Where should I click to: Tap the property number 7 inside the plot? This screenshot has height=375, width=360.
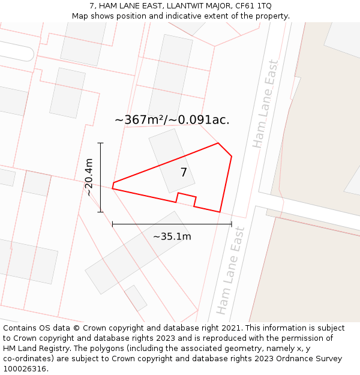[x=184, y=173]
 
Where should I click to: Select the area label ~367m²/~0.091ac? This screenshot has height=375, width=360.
[x=172, y=120]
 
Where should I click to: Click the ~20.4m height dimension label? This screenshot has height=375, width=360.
[x=89, y=177]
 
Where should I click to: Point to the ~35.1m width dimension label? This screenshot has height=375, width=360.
[x=172, y=236]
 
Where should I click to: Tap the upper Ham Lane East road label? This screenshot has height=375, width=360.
[x=266, y=104]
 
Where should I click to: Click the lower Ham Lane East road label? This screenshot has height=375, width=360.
[x=230, y=270]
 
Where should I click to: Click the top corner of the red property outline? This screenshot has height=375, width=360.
[x=218, y=143]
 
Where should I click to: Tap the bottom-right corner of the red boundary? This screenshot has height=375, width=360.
[x=220, y=212]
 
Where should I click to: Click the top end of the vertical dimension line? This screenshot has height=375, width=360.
[x=100, y=143]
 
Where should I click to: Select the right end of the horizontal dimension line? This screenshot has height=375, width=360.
[x=232, y=224]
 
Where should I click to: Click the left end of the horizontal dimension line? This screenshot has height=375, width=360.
[x=112, y=224]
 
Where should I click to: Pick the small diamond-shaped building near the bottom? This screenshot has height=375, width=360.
[x=136, y=298]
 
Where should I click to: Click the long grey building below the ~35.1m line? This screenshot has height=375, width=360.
[x=137, y=253]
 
